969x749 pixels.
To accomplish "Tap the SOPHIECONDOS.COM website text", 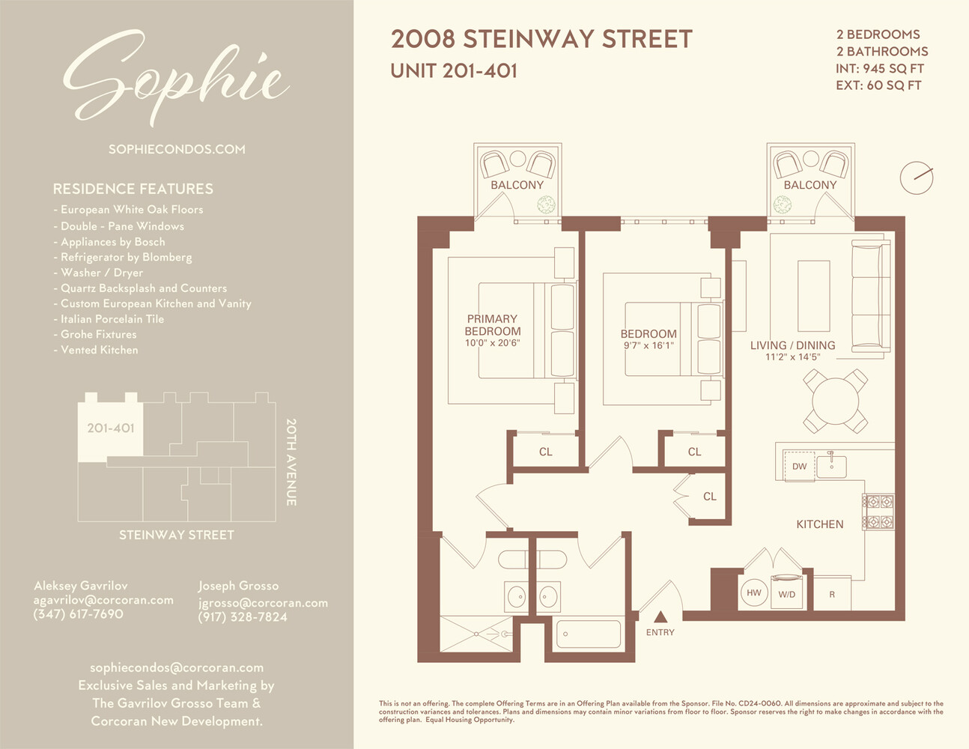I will click(x=177, y=149).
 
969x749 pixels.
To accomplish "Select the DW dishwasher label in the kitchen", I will click(x=799, y=466).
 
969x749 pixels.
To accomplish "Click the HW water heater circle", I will click(x=753, y=592).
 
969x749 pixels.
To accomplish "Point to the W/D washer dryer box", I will click(x=786, y=593).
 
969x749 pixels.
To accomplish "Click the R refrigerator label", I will click(x=831, y=595).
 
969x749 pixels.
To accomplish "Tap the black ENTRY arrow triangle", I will click(x=660, y=617).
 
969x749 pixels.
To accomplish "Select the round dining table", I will click(x=835, y=401).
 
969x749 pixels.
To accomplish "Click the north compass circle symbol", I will click(x=916, y=178).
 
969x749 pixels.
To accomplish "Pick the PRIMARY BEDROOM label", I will click(x=492, y=325).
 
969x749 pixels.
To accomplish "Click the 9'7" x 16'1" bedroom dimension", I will click(x=648, y=346).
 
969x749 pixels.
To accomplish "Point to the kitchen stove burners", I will click(x=878, y=512).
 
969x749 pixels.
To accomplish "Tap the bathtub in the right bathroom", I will click(x=589, y=634).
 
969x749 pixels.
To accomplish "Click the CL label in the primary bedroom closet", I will click(x=545, y=452).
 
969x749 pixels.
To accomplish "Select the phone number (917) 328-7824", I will click(x=243, y=617).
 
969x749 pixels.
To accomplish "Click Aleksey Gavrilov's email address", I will click(x=103, y=600).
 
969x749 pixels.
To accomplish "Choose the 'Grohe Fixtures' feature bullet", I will click(x=98, y=334).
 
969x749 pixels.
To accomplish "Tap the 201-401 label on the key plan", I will click(x=110, y=428).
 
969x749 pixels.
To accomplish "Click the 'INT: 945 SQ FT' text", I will click(x=880, y=68).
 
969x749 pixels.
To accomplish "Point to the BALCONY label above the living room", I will click(x=809, y=185).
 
